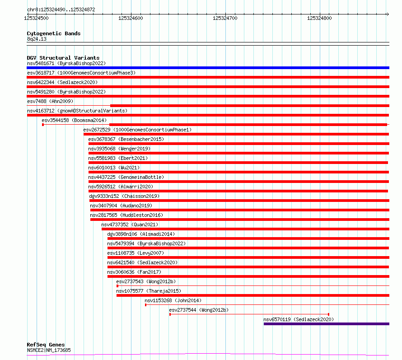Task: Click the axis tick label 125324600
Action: (131, 18)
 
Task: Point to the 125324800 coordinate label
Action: (319, 18)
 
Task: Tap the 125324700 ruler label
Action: (225, 18)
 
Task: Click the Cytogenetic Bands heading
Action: (54, 33)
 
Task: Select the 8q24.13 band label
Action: (37, 39)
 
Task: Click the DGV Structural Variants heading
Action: (63, 58)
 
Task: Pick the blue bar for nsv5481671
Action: (208, 68)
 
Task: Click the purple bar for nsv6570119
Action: (327, 324)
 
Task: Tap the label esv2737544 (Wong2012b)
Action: (199, 310)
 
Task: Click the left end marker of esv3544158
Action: (43, 125)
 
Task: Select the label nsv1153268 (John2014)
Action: (173, 300)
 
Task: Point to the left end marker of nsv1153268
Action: (145, 305)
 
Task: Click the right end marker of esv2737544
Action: (329, 314)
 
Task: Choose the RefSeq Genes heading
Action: (46, 345)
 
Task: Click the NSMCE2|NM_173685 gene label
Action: (49, 350)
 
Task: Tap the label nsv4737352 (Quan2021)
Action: (130, 224)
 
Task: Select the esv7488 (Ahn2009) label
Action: (50, 101)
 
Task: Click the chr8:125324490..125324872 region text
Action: (61, 10)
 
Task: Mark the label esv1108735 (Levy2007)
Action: (136, 253)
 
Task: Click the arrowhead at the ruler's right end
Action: (388, 14)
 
